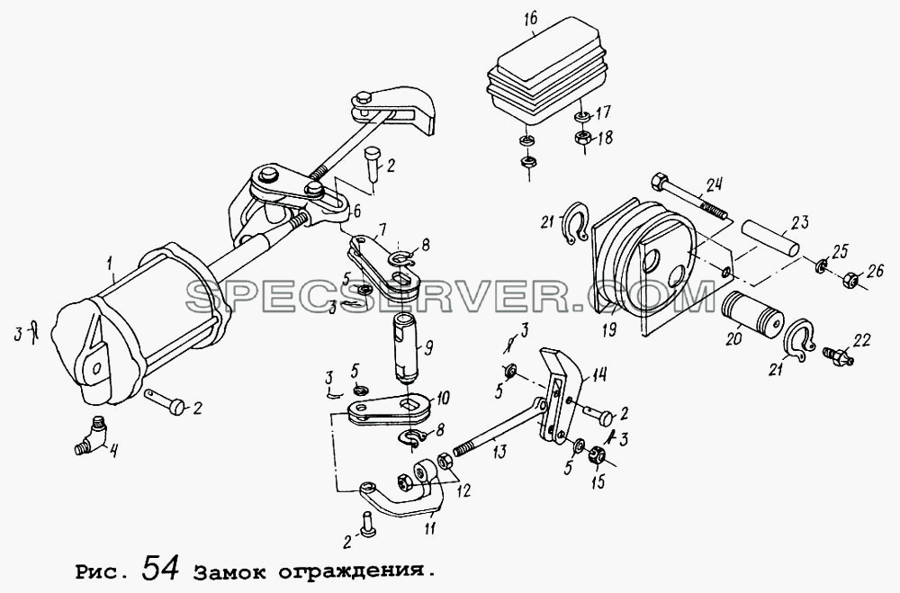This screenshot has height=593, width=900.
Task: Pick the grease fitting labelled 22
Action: click(838, 354)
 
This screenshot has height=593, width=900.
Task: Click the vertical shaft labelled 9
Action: click(407, 350)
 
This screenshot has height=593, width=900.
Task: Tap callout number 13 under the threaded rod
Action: click(499, 452)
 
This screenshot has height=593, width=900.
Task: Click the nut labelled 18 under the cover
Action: click(581, 138)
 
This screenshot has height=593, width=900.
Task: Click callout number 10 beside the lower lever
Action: click(442, 398)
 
